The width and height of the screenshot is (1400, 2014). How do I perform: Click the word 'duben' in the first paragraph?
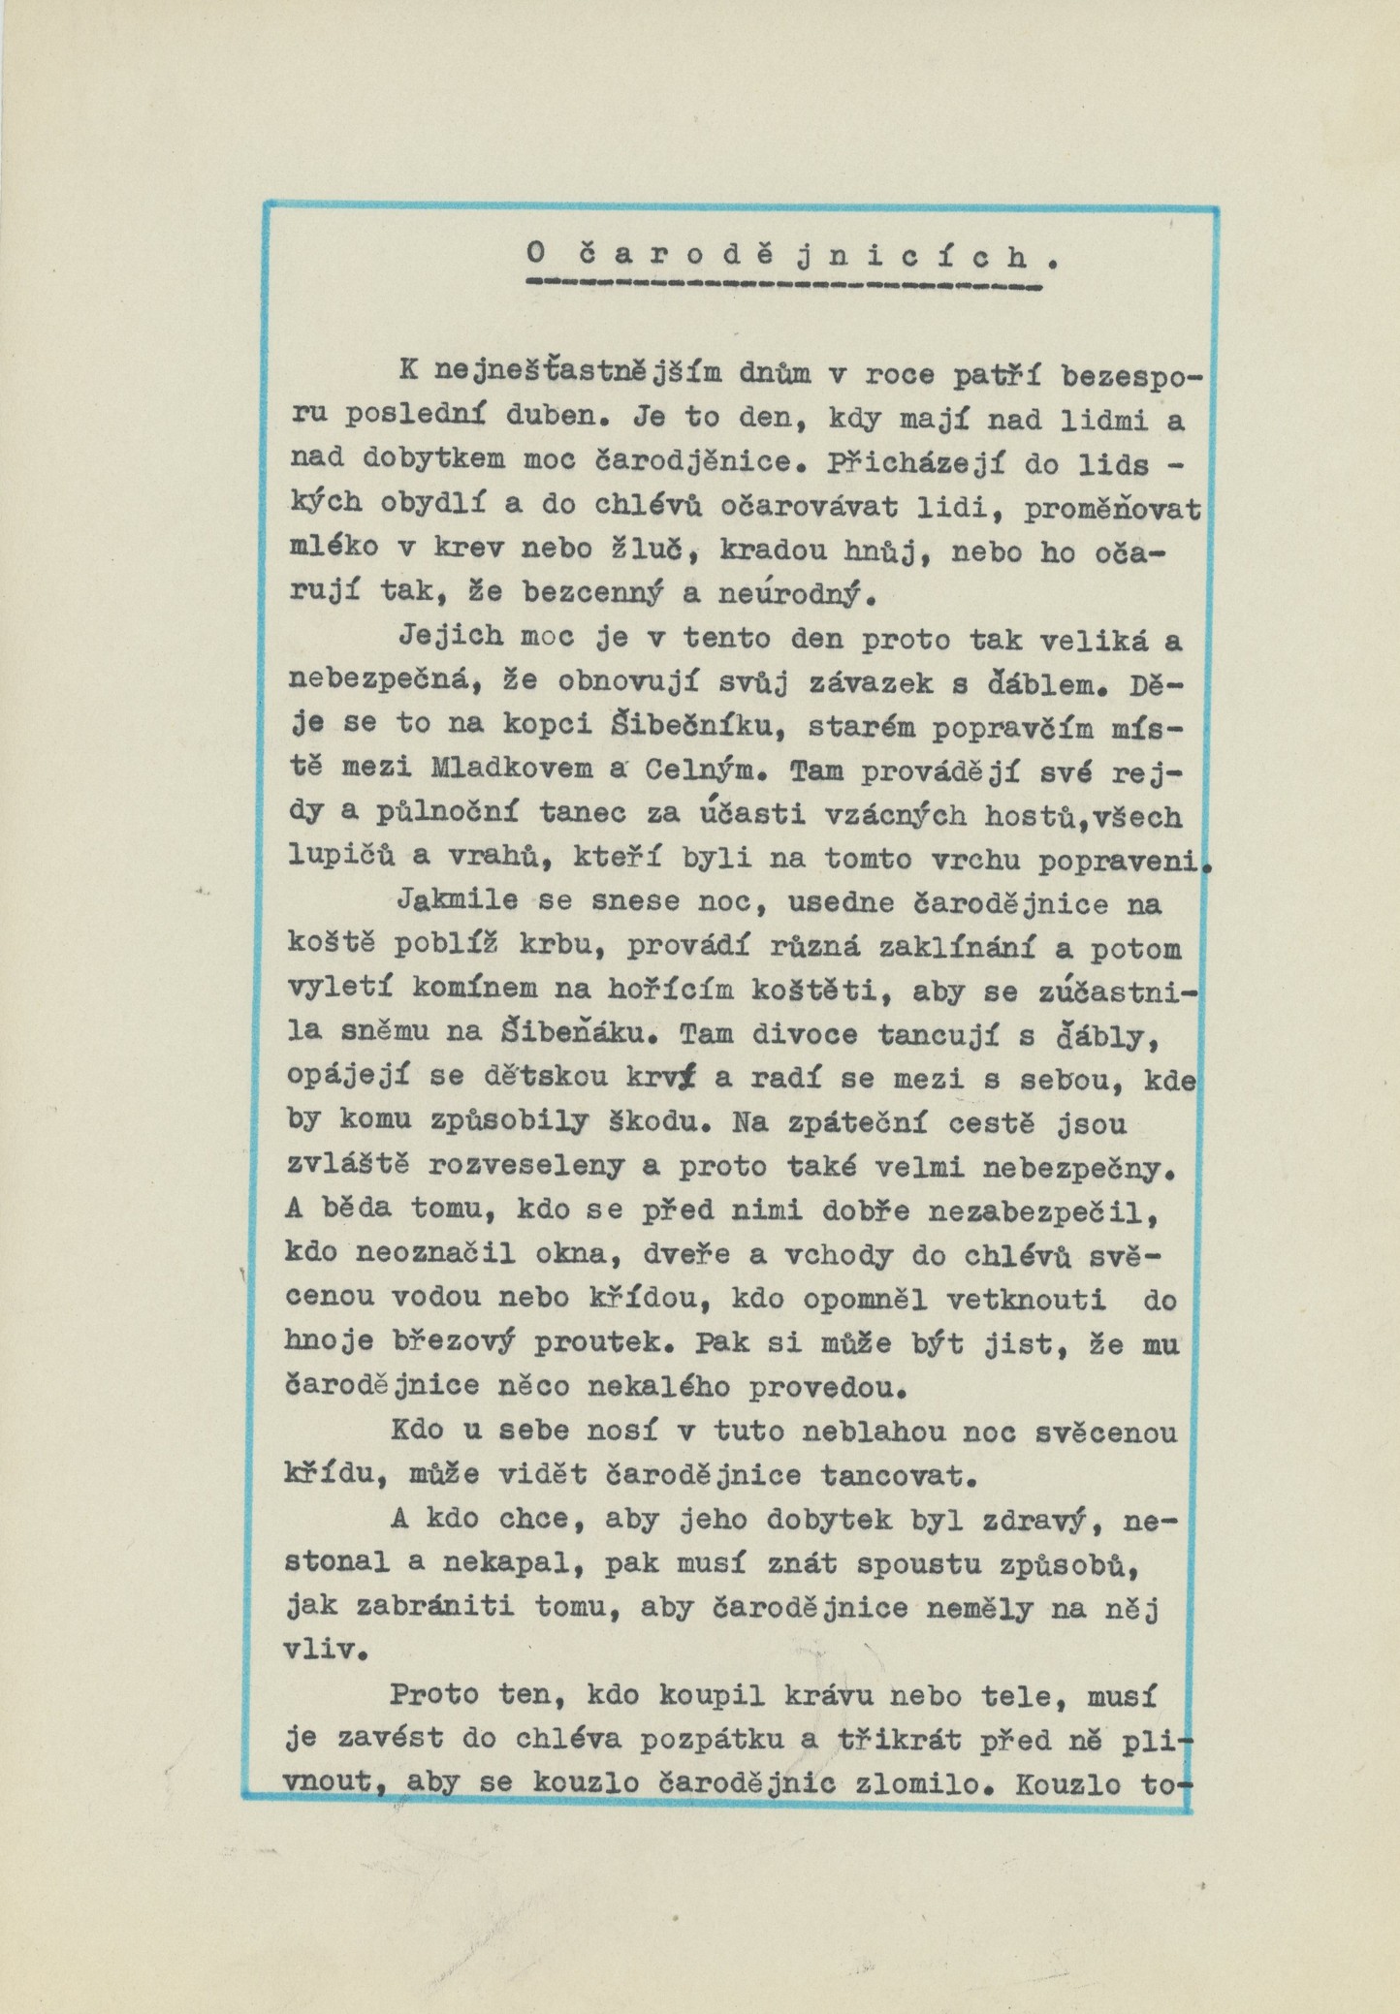[551, 421]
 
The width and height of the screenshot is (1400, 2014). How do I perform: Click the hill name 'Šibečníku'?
[639, 727]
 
